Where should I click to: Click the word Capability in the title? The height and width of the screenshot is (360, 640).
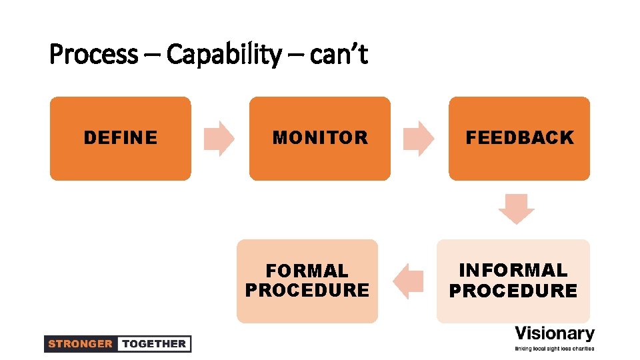[x=223, y=55]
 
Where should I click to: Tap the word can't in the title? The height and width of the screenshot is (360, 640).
[x=339, y=55]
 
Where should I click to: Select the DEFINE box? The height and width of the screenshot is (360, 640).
[x=120, y=139]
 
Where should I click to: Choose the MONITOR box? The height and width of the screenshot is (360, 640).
[x=320, y=139]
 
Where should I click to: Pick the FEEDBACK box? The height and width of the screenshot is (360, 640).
[x=519, y=139]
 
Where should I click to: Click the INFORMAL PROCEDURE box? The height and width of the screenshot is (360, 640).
[x=513, y=281]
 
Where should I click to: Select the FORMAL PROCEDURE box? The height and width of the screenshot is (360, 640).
[x=307, y=281]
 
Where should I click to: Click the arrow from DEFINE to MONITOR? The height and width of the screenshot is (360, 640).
[x=219, y=139]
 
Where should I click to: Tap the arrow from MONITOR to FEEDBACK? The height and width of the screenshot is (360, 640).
[x=419, y=139]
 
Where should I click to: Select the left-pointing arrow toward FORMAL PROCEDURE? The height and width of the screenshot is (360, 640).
[x=409, y=281]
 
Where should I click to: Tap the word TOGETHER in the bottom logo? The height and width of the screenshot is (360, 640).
[x=154, y=344]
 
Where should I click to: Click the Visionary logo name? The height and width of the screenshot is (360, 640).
[x=555, y=333]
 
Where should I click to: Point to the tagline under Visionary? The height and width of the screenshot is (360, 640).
[x=555, y=348]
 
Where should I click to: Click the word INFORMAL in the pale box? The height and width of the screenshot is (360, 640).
[x=513, y=271]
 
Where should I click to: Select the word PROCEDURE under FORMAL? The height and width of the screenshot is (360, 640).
[x=307, y=291]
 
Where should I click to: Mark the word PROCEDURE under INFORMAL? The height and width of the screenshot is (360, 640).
[x=513, y=291]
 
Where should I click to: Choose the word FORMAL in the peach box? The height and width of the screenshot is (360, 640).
[x=307, y=271]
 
